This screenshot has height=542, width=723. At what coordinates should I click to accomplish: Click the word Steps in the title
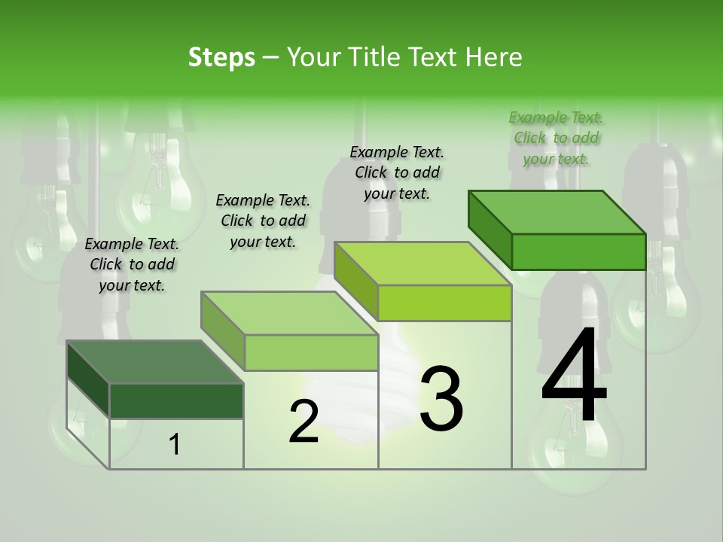(221, 57)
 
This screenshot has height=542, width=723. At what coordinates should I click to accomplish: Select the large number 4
(575, 376)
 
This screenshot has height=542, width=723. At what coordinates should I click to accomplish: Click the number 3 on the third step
(441, 399)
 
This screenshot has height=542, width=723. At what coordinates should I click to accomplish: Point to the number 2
(304, 422)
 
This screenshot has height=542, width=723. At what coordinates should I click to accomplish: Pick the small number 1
(175, 445)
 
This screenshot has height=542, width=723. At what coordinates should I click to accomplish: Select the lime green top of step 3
(423, 263)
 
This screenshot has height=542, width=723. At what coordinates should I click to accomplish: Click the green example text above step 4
(556, 138)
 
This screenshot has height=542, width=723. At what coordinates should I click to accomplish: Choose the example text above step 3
(397, 172)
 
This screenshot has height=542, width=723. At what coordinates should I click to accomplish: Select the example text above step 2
(263, 221)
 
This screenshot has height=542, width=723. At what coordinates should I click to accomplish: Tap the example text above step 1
(132, 264)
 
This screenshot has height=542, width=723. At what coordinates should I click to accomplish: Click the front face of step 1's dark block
(176, 400)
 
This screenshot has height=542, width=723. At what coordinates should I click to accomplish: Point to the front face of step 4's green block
(578, 251)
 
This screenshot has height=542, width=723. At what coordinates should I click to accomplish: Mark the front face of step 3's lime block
(444, 303)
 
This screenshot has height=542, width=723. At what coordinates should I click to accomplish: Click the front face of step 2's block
(311, 352)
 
